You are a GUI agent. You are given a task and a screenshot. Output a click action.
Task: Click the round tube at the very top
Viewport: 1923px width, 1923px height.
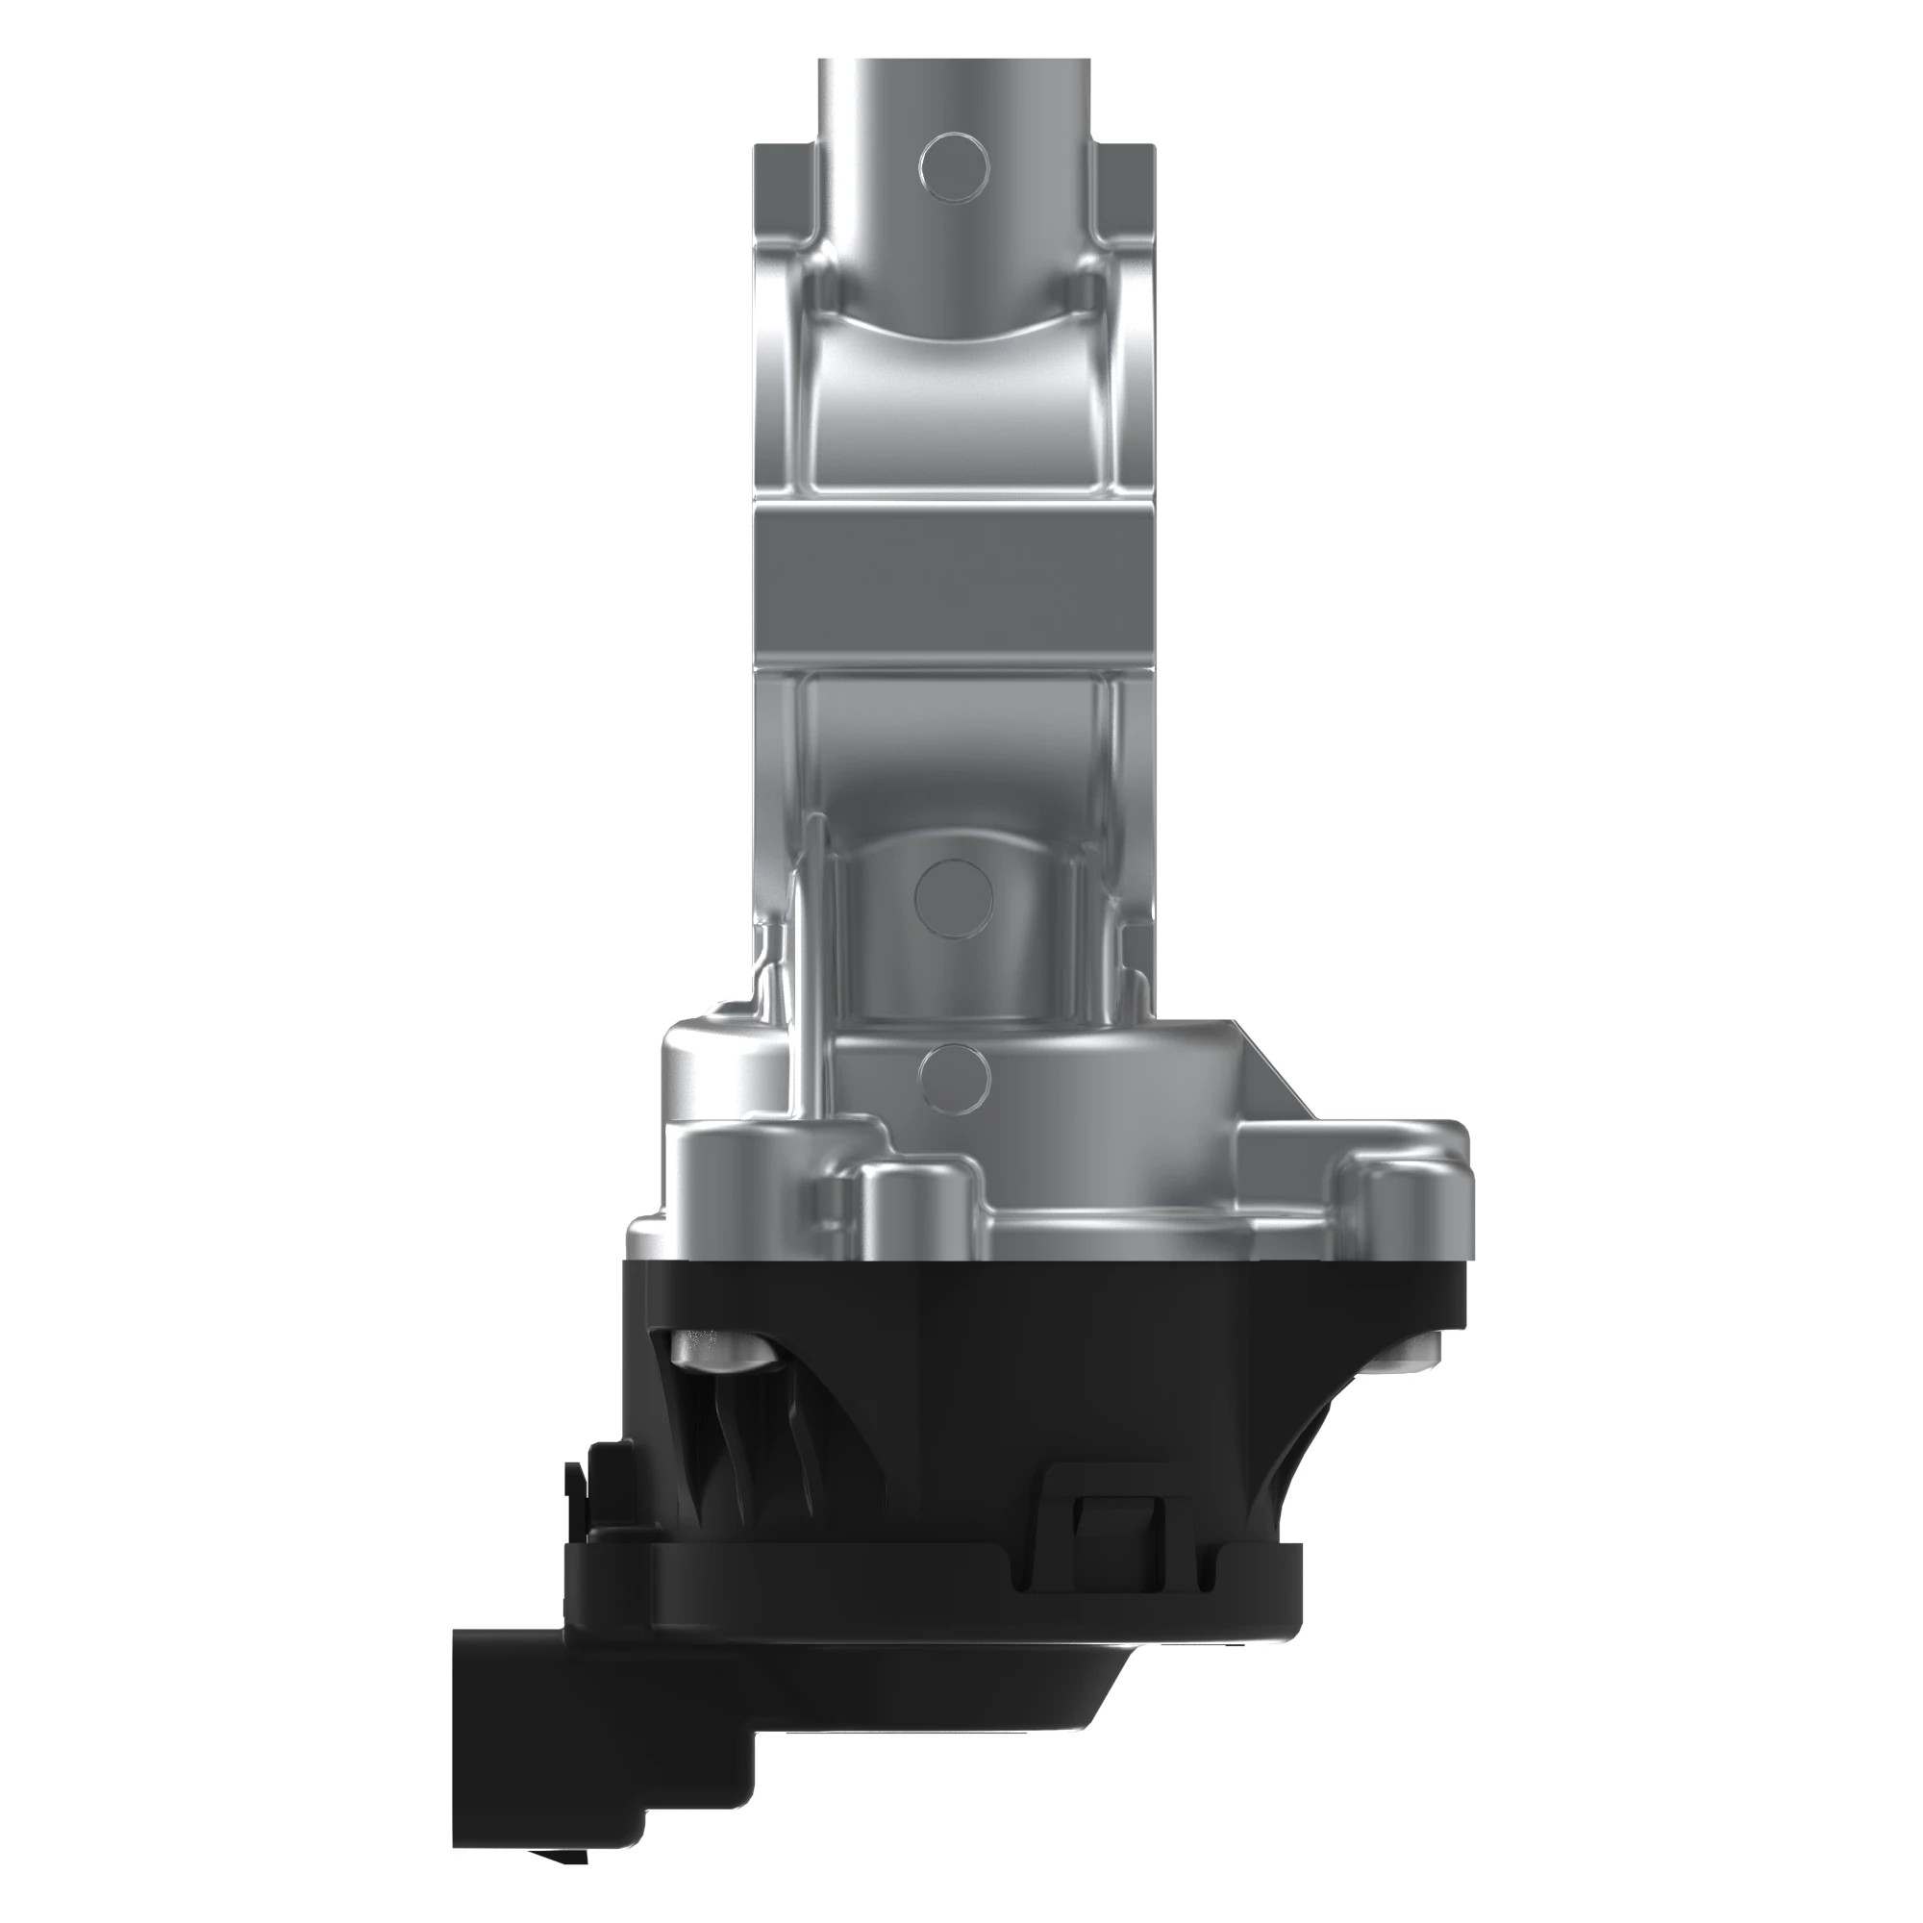click(x=956, y=100)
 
